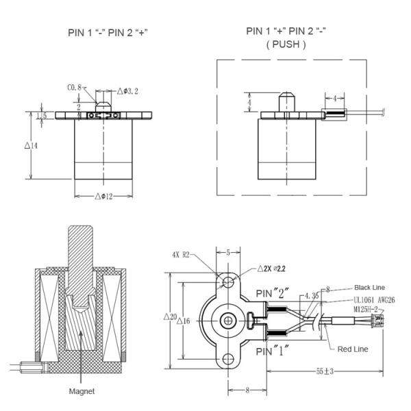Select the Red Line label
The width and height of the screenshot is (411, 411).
pos(353,349)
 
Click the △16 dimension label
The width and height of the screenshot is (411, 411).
pos(182,322)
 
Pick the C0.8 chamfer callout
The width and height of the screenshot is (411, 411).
pos(74,88)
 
